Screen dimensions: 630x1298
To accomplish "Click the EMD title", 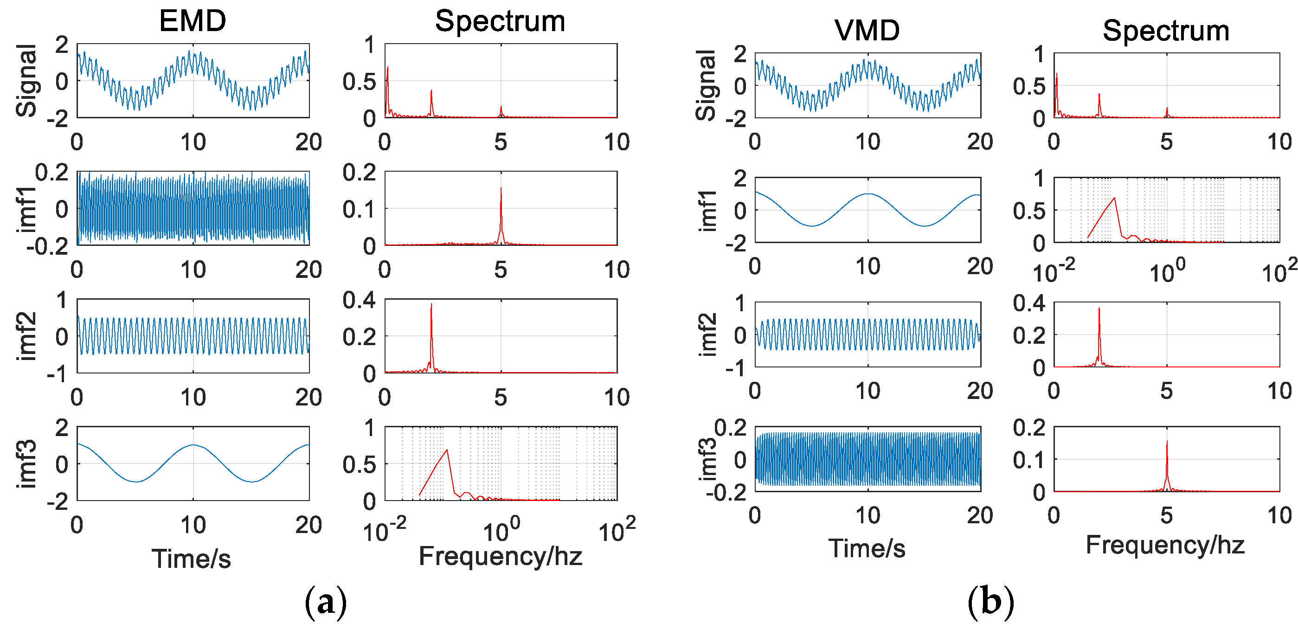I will [193, 21].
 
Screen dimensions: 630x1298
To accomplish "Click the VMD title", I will [867, 30].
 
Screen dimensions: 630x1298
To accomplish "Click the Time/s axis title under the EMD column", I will [192, 559].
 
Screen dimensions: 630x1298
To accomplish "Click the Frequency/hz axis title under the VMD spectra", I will [1165, 545].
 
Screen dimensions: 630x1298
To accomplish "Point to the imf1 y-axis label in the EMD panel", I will [26, 209].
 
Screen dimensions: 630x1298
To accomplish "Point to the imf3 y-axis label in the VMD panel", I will [708, 459].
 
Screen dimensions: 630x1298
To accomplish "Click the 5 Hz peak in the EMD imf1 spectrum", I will [501, 188].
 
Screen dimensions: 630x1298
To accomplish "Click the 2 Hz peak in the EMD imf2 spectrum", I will [431, 304].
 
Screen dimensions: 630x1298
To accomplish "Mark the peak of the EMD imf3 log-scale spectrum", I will [446, 450].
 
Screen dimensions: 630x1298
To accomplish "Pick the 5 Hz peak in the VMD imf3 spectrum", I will [1167, 442].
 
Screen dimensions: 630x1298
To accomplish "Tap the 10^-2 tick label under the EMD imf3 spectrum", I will [385, 531].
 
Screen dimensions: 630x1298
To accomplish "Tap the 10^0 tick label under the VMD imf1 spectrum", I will [1167, 272].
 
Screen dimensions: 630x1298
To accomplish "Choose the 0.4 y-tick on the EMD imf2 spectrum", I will [359, 300].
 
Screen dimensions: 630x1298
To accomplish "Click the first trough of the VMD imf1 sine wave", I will [812, 226].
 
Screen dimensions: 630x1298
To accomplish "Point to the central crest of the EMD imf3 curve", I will [193, 445].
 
